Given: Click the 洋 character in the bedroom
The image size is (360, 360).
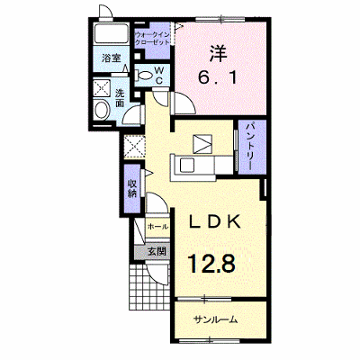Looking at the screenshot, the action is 219,53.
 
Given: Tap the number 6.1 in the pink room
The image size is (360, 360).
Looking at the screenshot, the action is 218,77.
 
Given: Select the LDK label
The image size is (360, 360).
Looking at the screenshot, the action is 215,222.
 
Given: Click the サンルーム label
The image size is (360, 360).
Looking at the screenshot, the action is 216,319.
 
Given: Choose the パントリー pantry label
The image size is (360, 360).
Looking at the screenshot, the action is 249,146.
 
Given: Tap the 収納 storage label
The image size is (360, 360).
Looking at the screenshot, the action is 131,188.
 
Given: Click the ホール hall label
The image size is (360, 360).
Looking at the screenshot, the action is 157,227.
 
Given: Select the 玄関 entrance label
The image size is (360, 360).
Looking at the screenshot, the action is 157,251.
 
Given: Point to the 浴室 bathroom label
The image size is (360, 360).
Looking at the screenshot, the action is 112,58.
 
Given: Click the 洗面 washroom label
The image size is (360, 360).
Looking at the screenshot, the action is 120,98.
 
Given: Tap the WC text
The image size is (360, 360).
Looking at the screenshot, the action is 159,75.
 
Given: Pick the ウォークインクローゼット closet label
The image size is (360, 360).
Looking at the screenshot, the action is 152,38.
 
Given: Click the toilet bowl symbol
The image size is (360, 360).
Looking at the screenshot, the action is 144,76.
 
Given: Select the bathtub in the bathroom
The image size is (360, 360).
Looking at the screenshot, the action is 112,35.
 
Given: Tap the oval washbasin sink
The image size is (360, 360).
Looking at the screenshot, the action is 102,110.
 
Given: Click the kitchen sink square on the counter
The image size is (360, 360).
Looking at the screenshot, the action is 187,166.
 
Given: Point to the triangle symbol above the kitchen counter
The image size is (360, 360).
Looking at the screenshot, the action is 202,144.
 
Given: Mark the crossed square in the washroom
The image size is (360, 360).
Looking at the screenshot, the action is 102,88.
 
